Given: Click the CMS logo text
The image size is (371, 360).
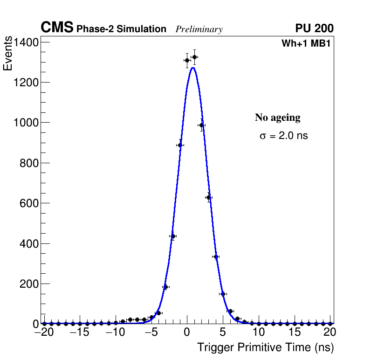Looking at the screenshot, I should click(57, 28).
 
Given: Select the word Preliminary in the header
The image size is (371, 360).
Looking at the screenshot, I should click(199, 29).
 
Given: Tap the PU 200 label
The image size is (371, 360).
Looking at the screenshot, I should click(314, 28).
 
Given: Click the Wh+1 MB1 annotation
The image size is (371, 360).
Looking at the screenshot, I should click(306, 44).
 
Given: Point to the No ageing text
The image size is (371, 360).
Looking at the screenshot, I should click(277, 118).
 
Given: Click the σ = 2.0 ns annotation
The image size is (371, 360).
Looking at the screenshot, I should click(283, 136).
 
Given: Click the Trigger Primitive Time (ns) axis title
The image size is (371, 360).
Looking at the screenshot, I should click(265, 347).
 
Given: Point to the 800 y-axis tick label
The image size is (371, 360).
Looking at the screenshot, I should click(29, 163).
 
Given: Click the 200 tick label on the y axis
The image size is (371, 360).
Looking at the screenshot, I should click(29, 284).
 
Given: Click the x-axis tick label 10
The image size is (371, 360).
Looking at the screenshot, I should click(259, 333).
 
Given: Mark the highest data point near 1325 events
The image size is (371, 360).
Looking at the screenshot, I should click(194, 57).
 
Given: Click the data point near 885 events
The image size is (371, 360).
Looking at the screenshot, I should click(180, 145).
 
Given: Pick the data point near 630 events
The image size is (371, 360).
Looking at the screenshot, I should click(209, 198).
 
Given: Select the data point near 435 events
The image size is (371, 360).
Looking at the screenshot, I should click(173, 236).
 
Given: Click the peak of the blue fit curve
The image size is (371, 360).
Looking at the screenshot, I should click(192, 68).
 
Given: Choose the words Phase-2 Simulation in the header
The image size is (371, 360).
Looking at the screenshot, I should click(121, 29).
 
